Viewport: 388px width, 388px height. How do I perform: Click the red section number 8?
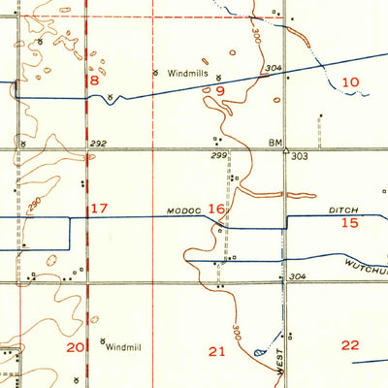pyautogui.click(x=94, y=82)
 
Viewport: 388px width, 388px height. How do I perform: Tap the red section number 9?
pyautogui.click(x=220, y=92)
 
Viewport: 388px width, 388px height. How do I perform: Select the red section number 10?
pyautogui.click(x=350, y=82)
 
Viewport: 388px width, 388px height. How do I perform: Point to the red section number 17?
pyautogui.click(x=99, y=209)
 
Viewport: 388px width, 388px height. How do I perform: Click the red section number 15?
pyautogui.click(x=350, y=223)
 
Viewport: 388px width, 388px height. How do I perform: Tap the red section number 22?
pyautogui.click(x=350, y=345)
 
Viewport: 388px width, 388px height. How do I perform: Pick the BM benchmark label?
pyautogui.click(x=275, y=142)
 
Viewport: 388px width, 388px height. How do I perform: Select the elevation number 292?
pyautogui.click(x=98, y=143)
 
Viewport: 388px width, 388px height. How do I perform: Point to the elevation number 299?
pyautogui.click(x=218, y=155)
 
